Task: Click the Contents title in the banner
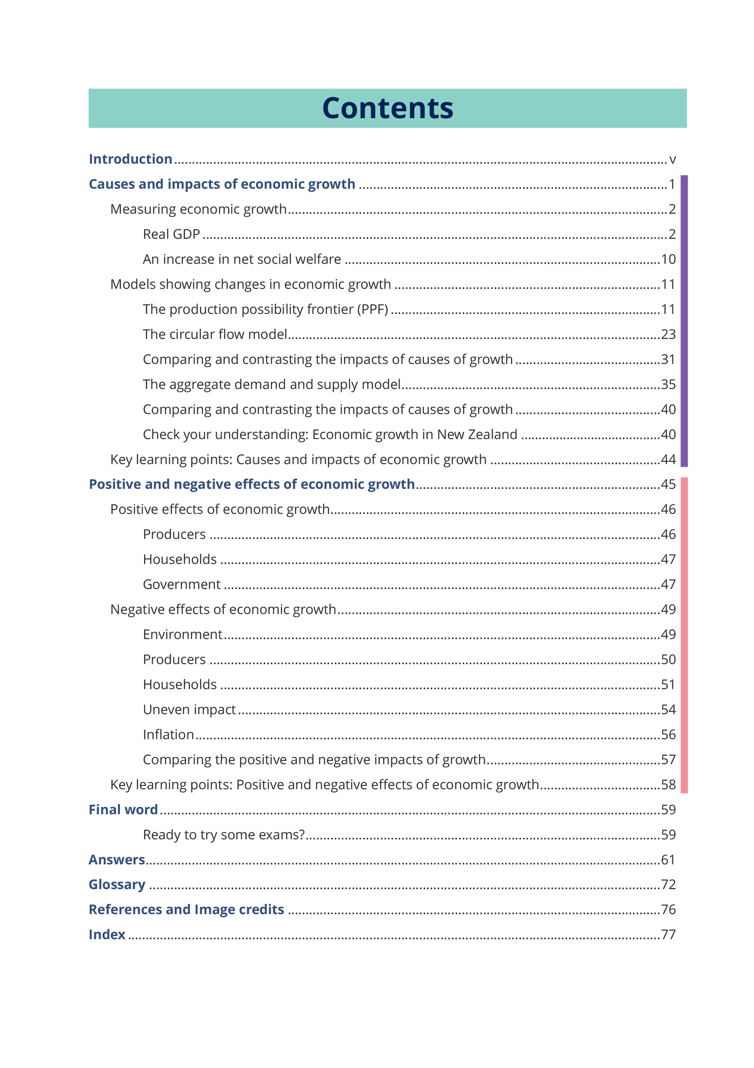coord(387,108)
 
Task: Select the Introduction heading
coord(130,159)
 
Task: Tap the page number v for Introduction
coord(672,160)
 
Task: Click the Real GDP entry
coord(171,234)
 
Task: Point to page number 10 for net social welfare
coord(668,259)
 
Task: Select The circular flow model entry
coord(215,334)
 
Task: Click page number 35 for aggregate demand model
coord(668,385)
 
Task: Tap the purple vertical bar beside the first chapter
coord(684,321)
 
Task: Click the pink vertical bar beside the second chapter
coord(684,635)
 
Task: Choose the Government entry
coord(182,585)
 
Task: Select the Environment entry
coord(183,635)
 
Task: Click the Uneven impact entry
coord(189,710)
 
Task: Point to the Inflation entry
coord(169,735)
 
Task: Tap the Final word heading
coord(123,810)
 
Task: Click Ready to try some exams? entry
coord(223,835)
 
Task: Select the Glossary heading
coord(117,885)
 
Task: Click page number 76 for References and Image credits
coord(668,910)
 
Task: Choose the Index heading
coord(107,934)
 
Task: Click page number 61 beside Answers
coord(668,860)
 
